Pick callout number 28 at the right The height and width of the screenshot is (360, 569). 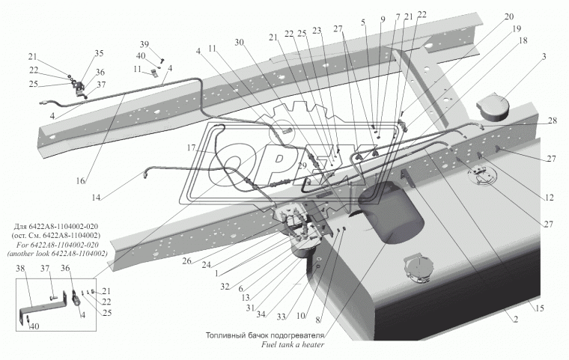click(x=553, y=120)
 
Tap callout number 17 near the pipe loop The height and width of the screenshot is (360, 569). click(x=191, y=148)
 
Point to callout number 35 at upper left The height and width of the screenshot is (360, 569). click(x=100, y=53)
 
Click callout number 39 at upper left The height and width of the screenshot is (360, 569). click(x=144, y=44)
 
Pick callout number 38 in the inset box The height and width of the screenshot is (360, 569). click(x=19, y=268)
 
